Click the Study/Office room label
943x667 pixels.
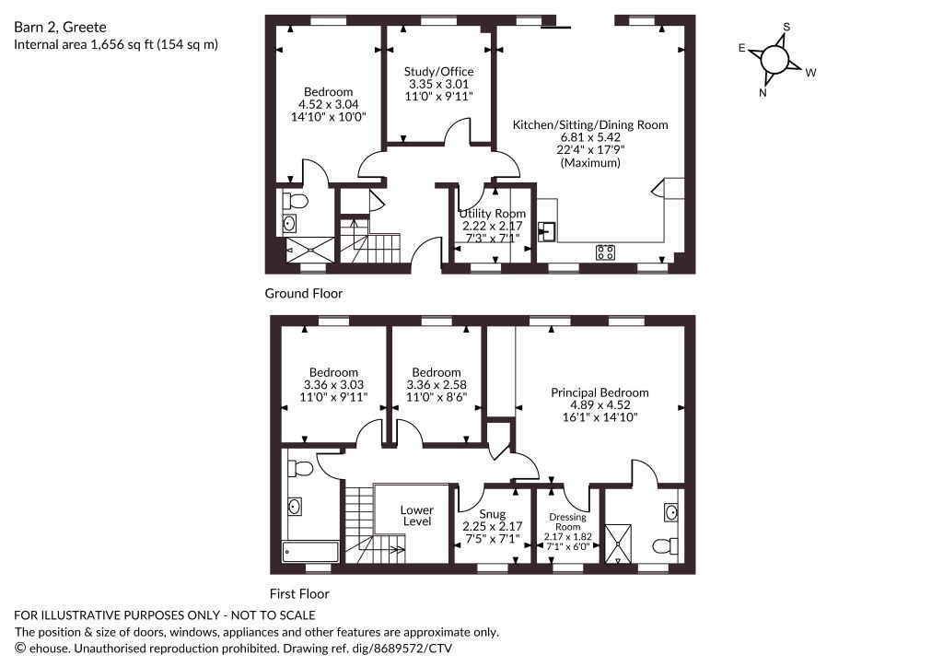click(x=438, y=72)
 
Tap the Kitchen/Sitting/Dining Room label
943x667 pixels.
click(x=590, y=125)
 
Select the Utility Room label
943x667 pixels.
click(x=493, y=214)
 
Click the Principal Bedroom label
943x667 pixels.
click(x=600, y=392)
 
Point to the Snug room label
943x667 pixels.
click(x=492, y=514)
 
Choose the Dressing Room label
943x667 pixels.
click(x=567, y=521)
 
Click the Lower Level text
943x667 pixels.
click(x=417, y=515)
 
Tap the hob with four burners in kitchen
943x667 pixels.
click(x=606, y=252)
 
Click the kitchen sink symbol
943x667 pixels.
click(x=547, y=231)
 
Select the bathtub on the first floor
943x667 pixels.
click(x=310, y=552)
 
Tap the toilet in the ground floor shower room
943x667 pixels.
click(x=296, y=200)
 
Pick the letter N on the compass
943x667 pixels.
click(x=763, y=93)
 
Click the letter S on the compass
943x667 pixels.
click(x=786, y=27)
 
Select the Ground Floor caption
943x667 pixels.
click(x=304, y=294)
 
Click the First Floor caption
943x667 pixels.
click(x=299, y=594)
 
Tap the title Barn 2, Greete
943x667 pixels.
click(x=60, y=27)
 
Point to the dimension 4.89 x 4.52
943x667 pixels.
click(x=600, y=404)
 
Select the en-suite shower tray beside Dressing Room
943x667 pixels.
click(x=618, y=544)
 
